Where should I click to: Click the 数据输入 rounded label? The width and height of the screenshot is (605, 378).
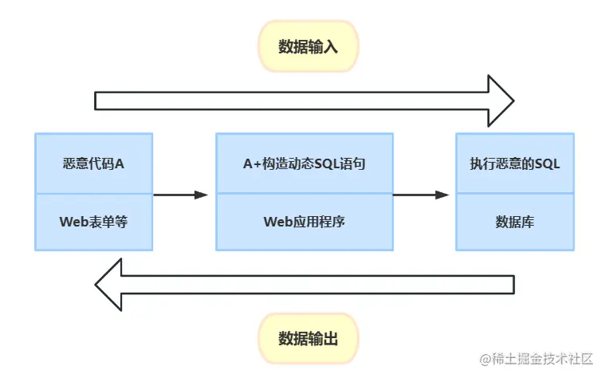[x=308, y=46]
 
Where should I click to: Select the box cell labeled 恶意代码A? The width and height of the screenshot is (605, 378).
[x=93, y=163]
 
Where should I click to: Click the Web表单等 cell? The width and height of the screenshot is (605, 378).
[x=93, y=222]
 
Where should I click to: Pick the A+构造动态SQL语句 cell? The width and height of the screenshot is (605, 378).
[x=304, y=163]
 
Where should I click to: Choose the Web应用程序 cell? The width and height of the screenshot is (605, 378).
[x=304, y=222]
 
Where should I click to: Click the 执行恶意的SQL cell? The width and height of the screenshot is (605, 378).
[x=515, y=163]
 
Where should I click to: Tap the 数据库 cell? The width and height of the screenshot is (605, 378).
[x=515, y=222]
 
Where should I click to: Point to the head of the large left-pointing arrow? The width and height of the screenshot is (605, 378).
[x=109, y=284]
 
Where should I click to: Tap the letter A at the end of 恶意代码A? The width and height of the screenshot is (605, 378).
[x=120, y=163]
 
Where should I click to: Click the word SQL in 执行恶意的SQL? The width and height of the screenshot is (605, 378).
[x=548, y=163]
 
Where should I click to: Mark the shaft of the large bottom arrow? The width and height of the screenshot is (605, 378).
[x=319, y=284]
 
